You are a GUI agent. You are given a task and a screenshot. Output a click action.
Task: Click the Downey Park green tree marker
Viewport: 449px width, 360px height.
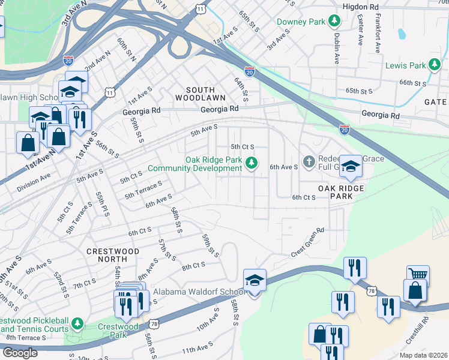pos(334,22)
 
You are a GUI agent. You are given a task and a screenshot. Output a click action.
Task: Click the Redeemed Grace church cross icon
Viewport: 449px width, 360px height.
pos(309,161)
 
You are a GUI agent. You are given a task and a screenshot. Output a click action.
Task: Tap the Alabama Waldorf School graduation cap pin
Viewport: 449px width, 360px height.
pos(255,281)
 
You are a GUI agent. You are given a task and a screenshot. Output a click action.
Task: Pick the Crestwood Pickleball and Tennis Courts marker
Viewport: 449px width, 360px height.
pos(77,325)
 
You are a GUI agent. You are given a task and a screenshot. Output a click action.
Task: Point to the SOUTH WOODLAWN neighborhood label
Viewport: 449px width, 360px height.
pos(200,97)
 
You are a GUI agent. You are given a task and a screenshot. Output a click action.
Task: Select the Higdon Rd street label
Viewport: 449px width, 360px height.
pos(366,7)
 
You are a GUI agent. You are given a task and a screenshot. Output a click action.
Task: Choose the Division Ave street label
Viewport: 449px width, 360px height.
pos(34,181)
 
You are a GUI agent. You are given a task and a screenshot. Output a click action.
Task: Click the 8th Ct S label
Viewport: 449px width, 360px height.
pos(194,266)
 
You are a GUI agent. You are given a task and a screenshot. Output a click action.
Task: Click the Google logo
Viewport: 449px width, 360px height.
pos(20,353)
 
